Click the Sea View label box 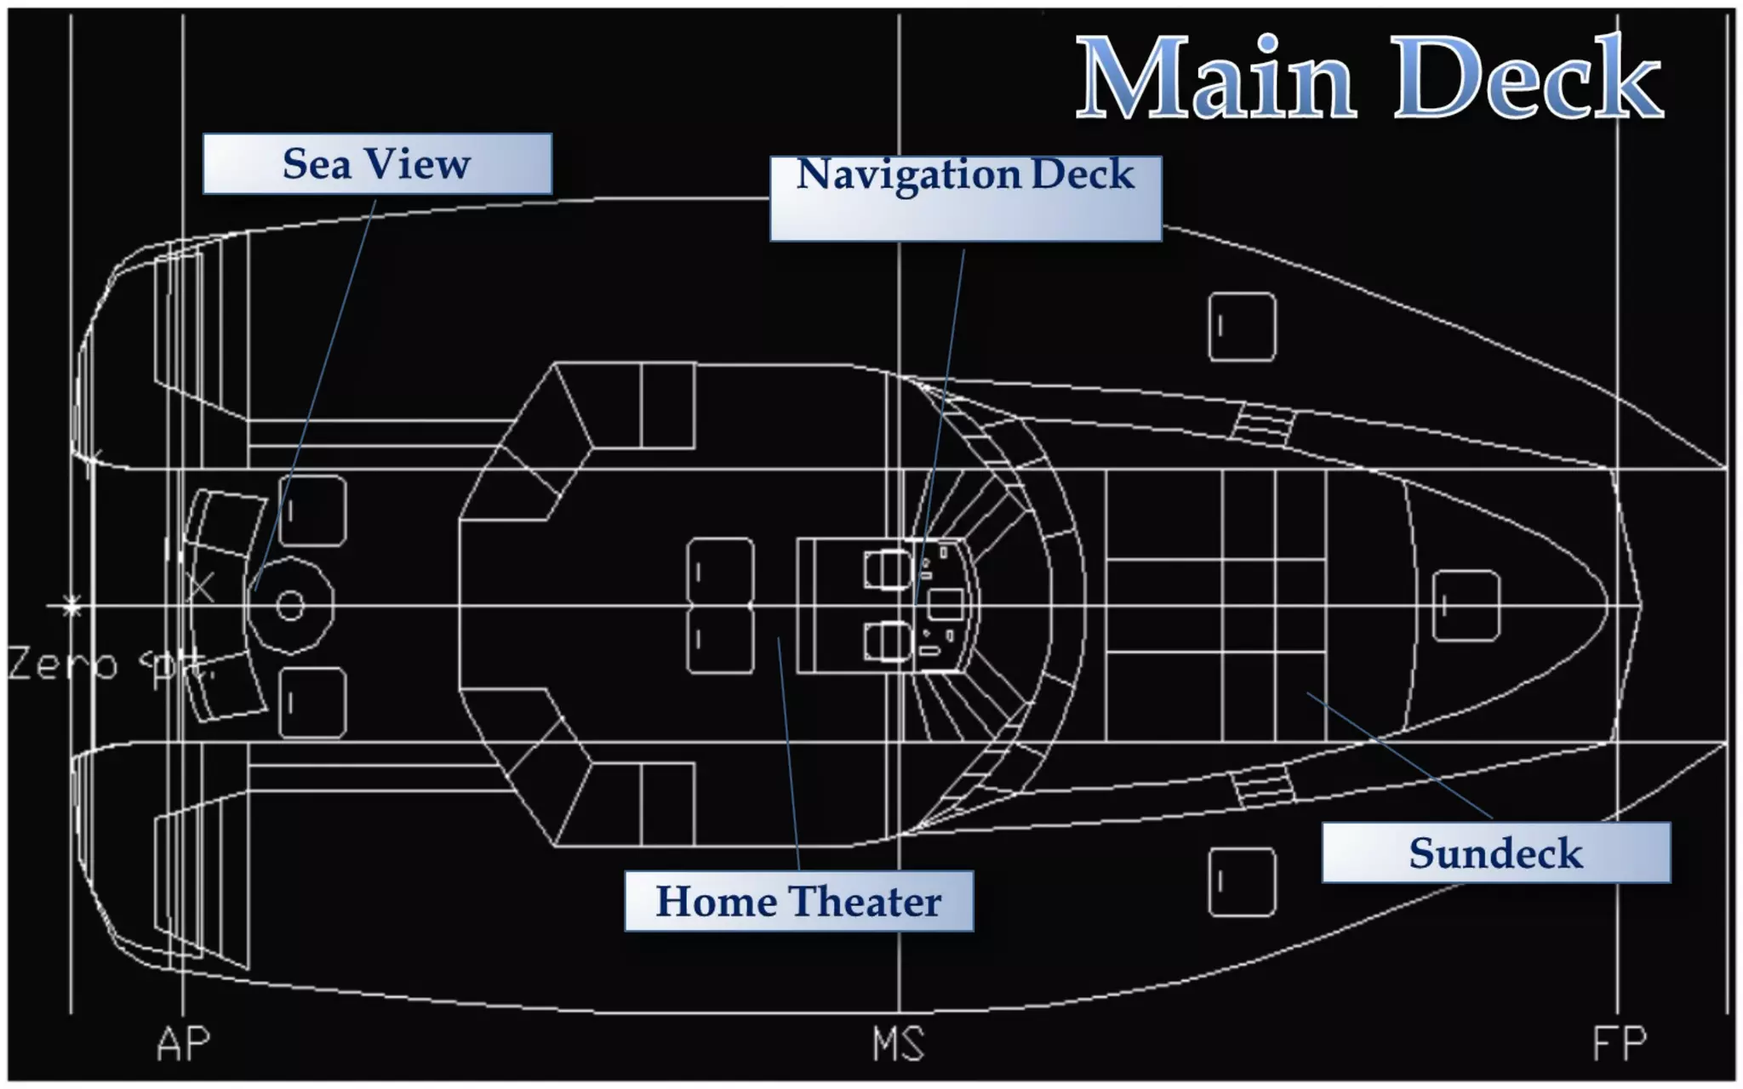coord(377,163)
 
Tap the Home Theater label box coord(798,901)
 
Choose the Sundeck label coord(1495,852)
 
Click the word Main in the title coord(1214,78)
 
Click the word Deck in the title coord(1528,78)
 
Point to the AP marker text coord(183,1044)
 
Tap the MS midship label coord(898,1044)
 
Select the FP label coord(1619,1044)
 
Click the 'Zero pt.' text coord(106,664)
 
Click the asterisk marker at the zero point coord(72,606)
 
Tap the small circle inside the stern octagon coord(290,606)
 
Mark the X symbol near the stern coord(202,588)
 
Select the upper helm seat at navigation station coord(888,569)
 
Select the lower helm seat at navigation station coord(888,641)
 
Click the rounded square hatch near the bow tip coord(1466,606)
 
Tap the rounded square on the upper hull coord(1242,327)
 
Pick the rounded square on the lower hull coord(1242,881)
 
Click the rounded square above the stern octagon coord(312,510)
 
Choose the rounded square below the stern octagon coord(312,703)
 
